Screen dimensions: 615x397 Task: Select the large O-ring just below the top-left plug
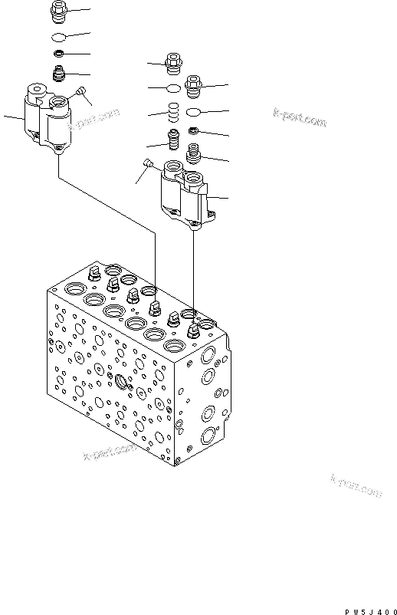point(58,37)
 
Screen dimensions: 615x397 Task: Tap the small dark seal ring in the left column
point(58,54)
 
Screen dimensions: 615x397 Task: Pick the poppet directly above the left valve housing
point(58,74)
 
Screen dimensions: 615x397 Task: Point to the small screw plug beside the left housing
point(80,93)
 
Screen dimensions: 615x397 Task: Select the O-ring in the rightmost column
point(195,113)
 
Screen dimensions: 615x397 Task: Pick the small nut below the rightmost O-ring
point(194,131)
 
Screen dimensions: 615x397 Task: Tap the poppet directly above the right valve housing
point(194,157)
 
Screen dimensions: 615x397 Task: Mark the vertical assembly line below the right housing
point(195,268)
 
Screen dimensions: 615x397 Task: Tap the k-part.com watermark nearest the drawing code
point(356,485)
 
